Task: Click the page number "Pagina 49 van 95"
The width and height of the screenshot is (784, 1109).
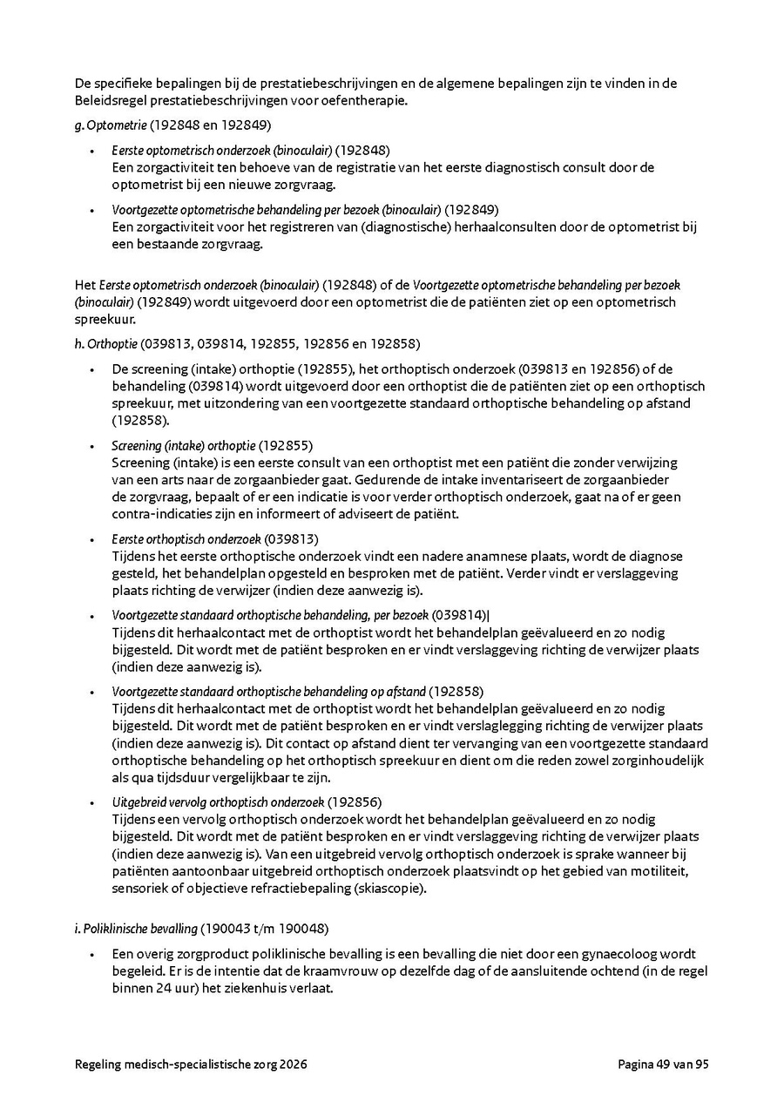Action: tap(663, 1064)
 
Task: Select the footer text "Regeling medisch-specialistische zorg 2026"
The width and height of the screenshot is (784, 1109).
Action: tap(191, 1064)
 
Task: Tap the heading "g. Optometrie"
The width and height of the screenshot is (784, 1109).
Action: tap(111, 125)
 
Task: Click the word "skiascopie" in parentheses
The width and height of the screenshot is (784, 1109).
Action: tap(391, 889)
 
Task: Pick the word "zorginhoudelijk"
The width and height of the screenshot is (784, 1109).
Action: tap(666, 761)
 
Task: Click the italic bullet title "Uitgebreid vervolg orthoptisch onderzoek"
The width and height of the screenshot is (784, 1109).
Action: tap(218, 801)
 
